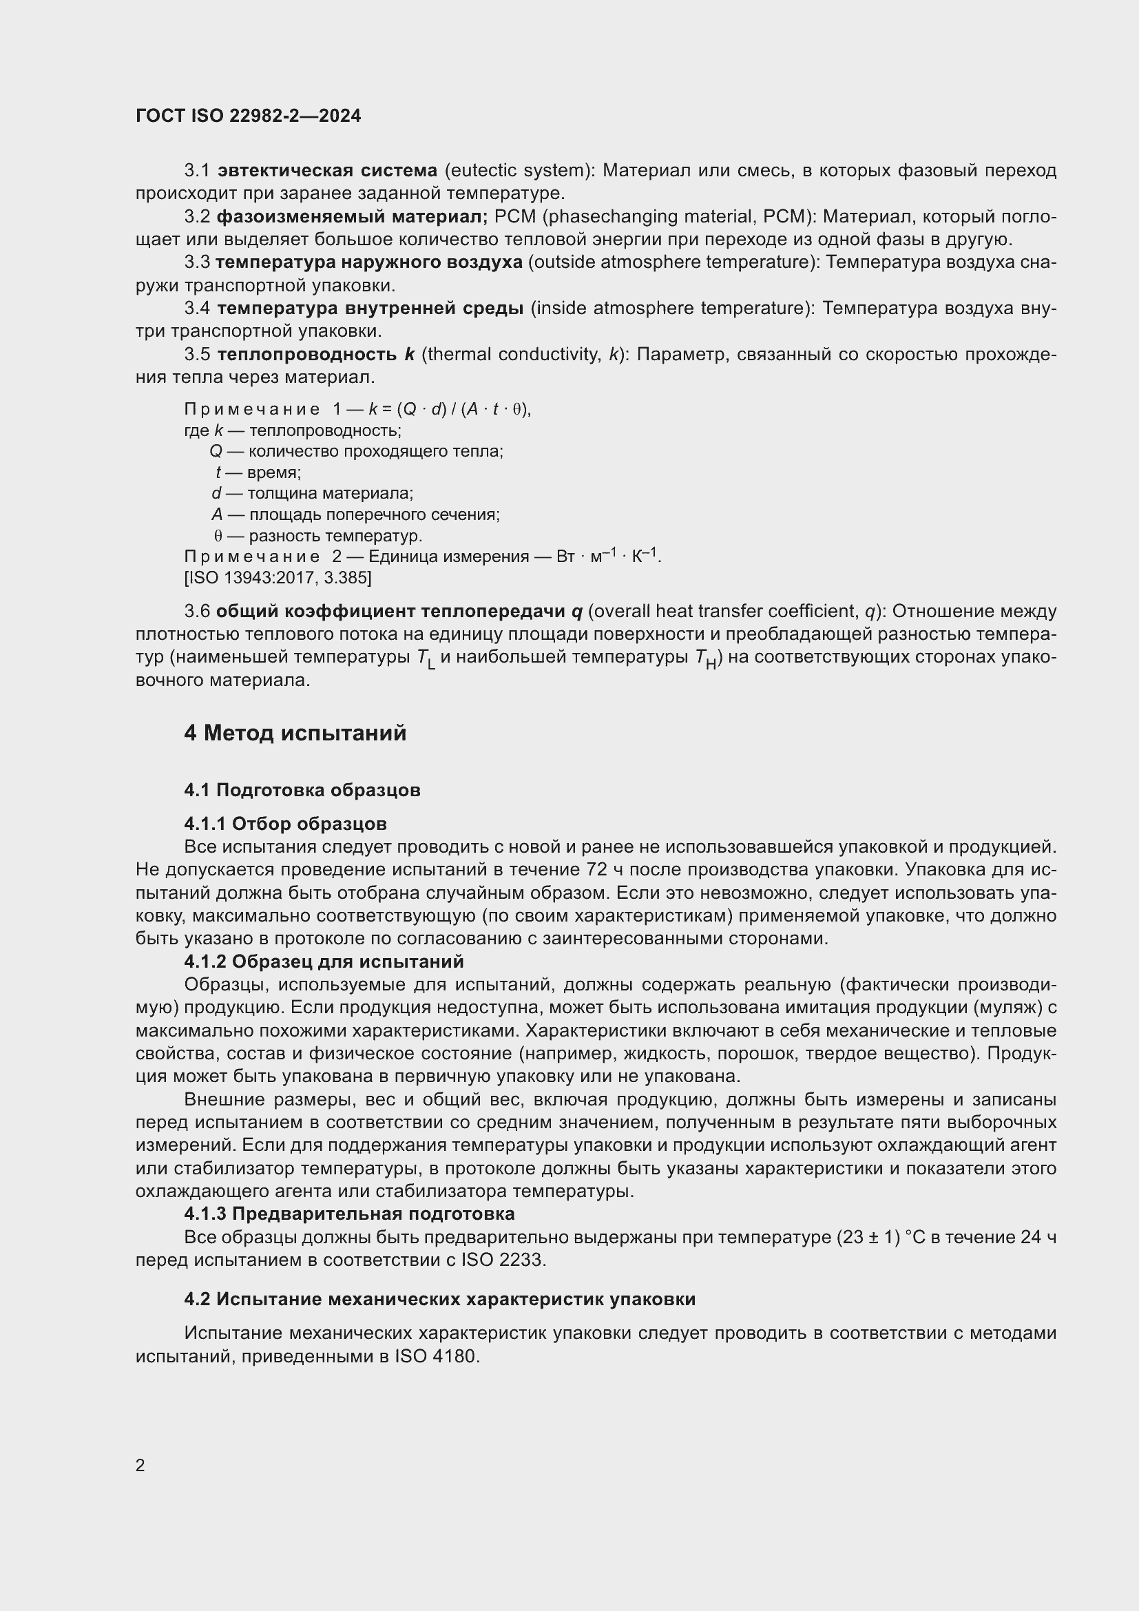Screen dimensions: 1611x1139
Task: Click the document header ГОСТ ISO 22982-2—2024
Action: pyautogui.click(x=249, y=116)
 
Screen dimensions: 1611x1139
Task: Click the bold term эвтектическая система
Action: pyautogui.click(x=327, y=171)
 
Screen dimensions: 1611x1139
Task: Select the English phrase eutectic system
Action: pyautogui.click(x=518, y=171)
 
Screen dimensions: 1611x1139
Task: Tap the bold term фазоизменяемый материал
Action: pyautogui.click(x=351, y=217)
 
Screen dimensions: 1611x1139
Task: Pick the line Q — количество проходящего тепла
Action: pyautogui.click(x=356, y=451)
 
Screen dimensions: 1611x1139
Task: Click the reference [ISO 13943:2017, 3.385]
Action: pyautogui.click(x=278, y=578)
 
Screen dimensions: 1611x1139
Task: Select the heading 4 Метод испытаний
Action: pyautogui.click(x=295, y=734)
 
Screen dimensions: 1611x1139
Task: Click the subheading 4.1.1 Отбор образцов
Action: pyautogui.click(x=286, y=824)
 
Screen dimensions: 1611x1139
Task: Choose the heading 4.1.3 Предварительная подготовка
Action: pyautogui.click(x=349, y=1214)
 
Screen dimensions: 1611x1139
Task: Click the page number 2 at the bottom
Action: pyautogui.click(x=140, y=1465)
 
